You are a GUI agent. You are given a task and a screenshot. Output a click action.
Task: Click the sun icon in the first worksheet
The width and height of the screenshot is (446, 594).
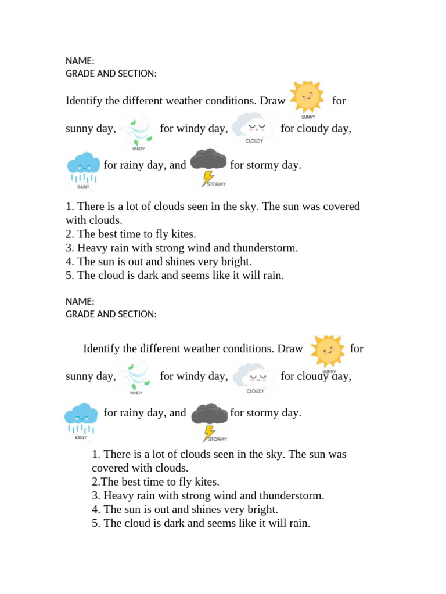[306, 96]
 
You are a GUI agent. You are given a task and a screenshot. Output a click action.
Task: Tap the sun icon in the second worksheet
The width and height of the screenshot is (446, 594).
[327, 350]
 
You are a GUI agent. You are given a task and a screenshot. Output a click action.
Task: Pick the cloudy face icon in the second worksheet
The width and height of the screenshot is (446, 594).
[254, 375]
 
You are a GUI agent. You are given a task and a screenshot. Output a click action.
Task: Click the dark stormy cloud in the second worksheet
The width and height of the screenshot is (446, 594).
[209, 414]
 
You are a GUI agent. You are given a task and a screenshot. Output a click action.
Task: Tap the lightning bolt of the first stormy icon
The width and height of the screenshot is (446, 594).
[207, 178]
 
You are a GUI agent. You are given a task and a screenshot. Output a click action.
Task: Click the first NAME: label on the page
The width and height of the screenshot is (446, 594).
[80, 61]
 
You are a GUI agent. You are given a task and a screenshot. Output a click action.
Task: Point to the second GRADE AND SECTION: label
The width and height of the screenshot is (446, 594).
[111, 314]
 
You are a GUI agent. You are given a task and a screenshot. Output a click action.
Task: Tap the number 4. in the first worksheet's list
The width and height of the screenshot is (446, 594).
[70, 262]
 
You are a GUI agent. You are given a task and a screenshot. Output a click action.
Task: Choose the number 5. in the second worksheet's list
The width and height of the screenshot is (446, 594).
[96, 523]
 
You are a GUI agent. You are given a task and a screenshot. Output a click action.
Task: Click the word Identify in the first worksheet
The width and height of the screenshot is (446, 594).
[84, 101]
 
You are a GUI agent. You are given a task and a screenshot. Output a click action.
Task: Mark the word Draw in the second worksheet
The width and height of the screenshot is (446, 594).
[290, 349]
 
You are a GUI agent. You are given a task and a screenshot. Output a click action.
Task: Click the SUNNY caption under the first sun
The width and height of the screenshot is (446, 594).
[308, 117]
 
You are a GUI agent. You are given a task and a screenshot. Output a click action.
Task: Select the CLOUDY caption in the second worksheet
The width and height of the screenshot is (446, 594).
[255, 392]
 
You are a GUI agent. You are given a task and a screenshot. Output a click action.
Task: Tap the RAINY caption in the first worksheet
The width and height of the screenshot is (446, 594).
[84, 187]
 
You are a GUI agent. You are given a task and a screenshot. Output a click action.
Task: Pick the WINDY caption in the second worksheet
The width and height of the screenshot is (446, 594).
[136, 393]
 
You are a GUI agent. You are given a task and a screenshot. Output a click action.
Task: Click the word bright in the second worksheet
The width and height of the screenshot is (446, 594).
[263, 509]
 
